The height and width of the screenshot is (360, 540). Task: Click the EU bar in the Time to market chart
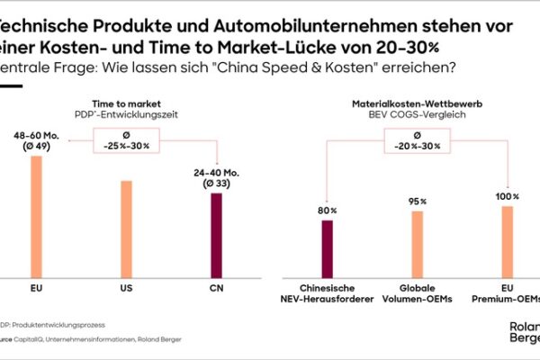[x=36, y=216]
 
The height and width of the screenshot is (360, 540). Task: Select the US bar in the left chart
[x=126, y=229]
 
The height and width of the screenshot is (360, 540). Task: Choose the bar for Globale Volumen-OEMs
[x=418, y=243]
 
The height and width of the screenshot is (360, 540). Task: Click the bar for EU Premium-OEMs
[x=508, y=240]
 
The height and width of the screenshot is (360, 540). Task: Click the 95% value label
[x=418, y=202]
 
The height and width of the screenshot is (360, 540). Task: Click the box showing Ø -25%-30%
[x=126, y=140]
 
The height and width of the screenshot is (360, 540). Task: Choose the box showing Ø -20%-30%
[x=418, y=140]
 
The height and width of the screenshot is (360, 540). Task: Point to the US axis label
[x=126, y=291]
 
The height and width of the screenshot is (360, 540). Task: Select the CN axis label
[x=215, y=291]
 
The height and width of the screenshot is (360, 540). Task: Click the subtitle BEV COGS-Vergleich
[x=418, y=116]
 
